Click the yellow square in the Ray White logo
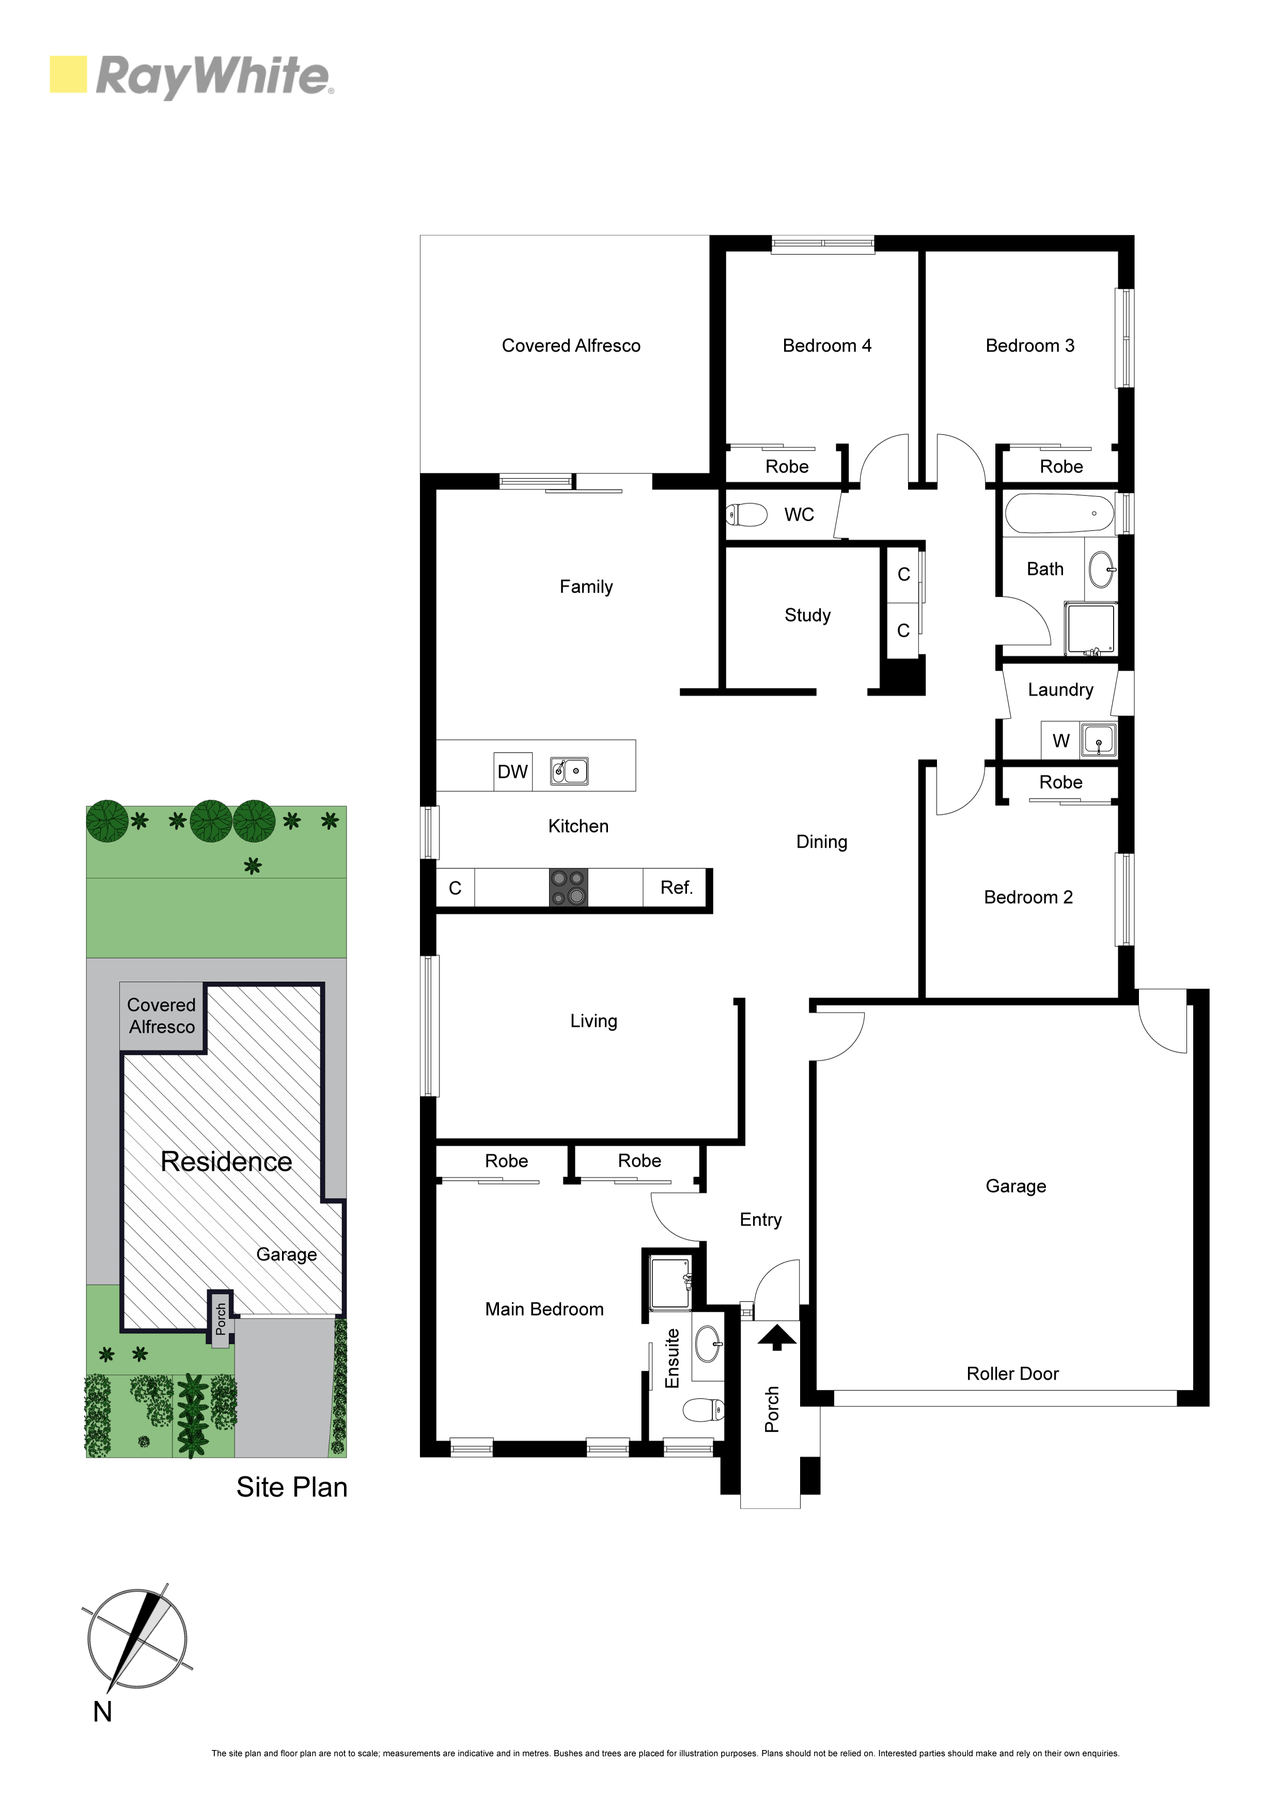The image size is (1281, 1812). [x=68, y=74]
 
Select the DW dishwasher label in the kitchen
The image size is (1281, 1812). [x=512, y=772]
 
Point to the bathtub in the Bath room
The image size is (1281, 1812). [x=1059, y=514]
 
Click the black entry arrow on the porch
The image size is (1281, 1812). [x=777, y=1337]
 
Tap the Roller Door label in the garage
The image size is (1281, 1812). [x=1012, y=1374]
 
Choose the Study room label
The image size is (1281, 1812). [x=807, y=616]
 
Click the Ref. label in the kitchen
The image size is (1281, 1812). [x=677, y=888]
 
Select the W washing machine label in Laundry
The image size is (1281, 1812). [x=1061, y=741]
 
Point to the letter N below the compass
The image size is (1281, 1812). [x=103, y=1712]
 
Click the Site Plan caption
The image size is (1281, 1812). [x=292, y=1488]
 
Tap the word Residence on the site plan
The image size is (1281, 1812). [x=227, y=1162]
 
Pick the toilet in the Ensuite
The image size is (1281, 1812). [x=703, y=1410]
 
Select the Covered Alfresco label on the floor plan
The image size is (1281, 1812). [x=571, y=346]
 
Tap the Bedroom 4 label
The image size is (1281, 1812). [x=827, y=346]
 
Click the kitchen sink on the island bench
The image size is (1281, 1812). [x=569, y=771]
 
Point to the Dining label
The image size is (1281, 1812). [x=822, y=842]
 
